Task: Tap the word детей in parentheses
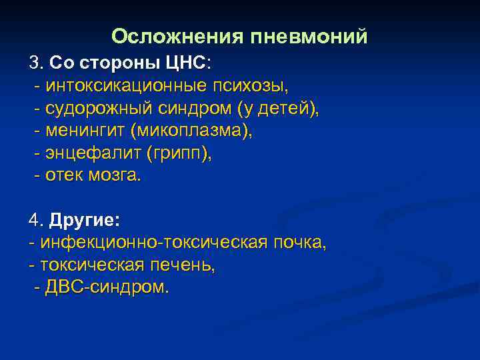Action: click(x=287, y=109)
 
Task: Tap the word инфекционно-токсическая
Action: click(x=154, y=243)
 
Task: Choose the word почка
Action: click(x=299, y=243)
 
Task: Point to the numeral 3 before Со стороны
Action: click(x=33, y=63)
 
